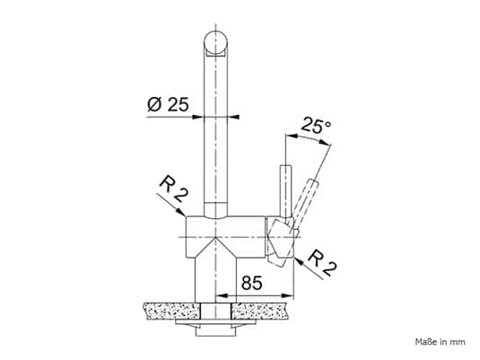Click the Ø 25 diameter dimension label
(168, 104)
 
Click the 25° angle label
(316, 125)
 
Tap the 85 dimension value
(251, 283)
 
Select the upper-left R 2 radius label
(173, 189)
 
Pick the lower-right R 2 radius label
(323, 263)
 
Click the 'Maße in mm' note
(441, 342)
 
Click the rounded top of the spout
(215, 42)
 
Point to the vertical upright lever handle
(285, 191)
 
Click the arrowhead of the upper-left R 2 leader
(181, 212)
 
